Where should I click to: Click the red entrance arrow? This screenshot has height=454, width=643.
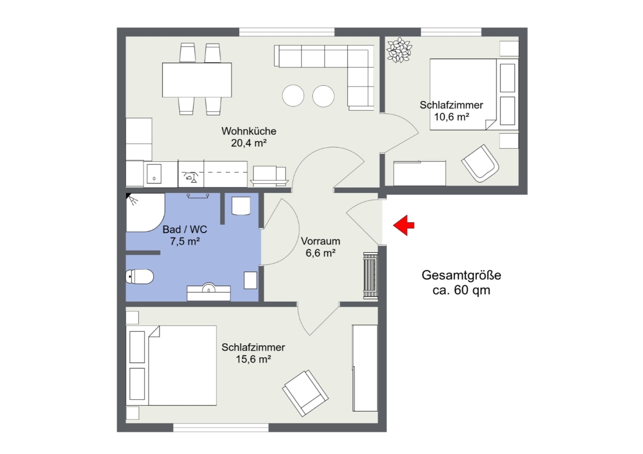click(404, 225)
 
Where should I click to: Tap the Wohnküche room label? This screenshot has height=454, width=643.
click(249, 131)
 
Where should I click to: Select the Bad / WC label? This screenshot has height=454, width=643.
click(185, 230)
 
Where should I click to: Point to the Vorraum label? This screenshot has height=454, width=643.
click(320, 241)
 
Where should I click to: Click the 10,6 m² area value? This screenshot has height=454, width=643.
click(452, 117)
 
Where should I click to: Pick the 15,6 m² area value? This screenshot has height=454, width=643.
click(253, 359)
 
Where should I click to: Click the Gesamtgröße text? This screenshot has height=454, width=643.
click(461, 275)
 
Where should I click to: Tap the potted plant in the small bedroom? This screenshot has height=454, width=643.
click(399, 50)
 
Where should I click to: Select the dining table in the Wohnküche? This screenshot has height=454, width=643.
click(197, 80)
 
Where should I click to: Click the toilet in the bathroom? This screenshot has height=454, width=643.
click(140, 277)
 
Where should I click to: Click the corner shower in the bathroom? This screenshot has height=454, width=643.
click(145, 212)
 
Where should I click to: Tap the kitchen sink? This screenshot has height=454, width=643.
click(154, 174)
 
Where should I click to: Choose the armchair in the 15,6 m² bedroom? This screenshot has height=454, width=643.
click(305, 393)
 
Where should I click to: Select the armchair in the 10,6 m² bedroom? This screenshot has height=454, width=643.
click(480, 164)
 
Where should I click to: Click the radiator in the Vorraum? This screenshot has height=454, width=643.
click(371, 276)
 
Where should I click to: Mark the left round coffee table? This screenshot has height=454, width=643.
click(293, 96)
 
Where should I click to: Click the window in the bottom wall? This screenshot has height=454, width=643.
click(221, 428)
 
